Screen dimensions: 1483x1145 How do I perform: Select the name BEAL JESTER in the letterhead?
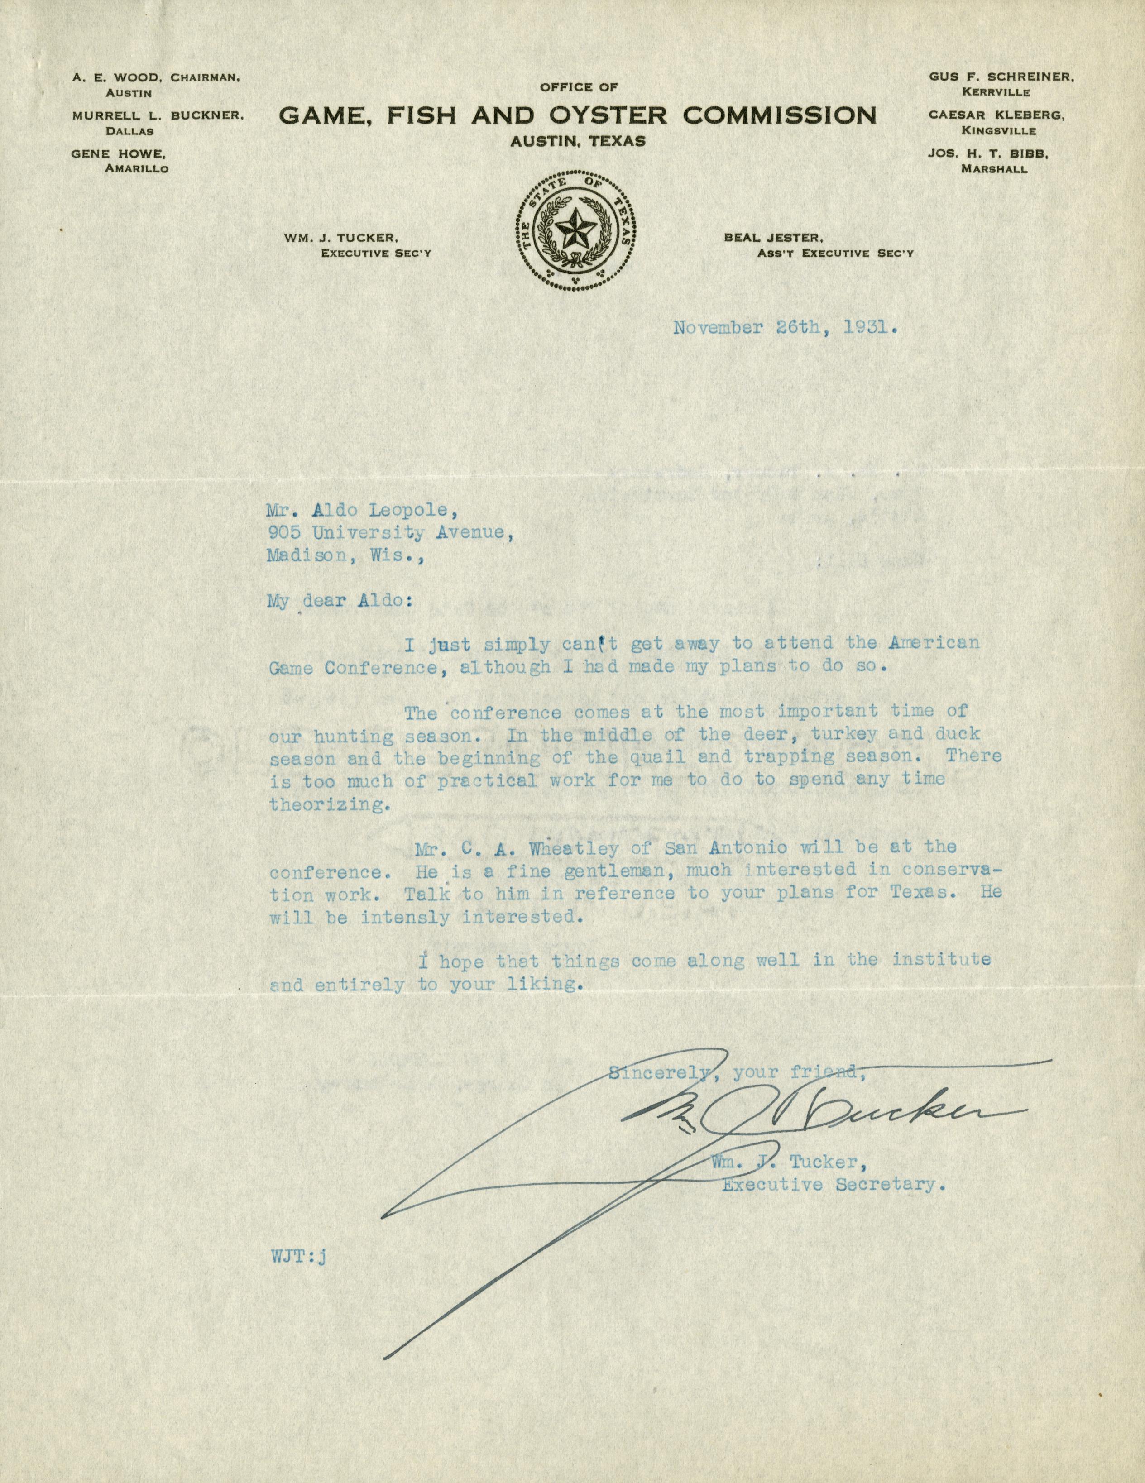[x=773, y=238]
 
